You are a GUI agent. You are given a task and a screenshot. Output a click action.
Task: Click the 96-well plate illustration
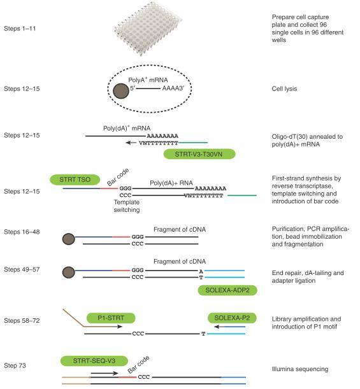pos(146,30)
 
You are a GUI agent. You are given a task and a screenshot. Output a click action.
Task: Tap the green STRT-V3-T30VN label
pos(199,154)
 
